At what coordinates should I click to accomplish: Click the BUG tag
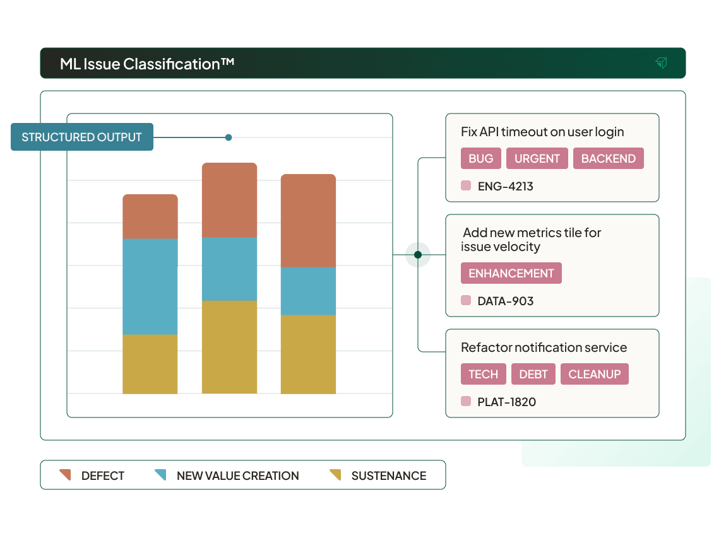click(x=481, y=158)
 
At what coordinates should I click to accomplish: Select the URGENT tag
click(x=537, y=158)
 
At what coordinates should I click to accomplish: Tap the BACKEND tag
click(x=609, y=158)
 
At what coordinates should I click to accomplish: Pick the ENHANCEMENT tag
click(x=511, y=273)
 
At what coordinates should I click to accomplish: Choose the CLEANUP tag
click(x=595, y=374)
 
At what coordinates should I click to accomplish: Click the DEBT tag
click(x=533, y=374)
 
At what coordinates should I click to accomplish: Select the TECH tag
click(x=484, y=374)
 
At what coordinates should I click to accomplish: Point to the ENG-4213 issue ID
click(x=505, y=186)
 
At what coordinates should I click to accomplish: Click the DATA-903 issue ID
click(x=505, y=301)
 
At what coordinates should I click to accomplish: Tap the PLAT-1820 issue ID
click(x=506, y=402)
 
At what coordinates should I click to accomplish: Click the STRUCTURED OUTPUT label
click(x=82, y=137)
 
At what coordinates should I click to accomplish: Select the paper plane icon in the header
click(x=661, y=62)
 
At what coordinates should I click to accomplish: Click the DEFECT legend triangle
click(x=65, y=475)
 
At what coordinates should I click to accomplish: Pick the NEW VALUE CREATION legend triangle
click(x=160, y=475)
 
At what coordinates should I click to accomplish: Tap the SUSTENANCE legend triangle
click(x=335, y=475)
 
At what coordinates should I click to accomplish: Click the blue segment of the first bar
click(x=150, y=286)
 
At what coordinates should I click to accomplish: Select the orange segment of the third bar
click(x=308, y=220)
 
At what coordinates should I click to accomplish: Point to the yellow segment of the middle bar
click(x=229, y=347)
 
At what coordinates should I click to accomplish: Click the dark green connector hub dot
click(x=418, y=255)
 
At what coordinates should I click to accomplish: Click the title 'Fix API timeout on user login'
click(x=542, y=132)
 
